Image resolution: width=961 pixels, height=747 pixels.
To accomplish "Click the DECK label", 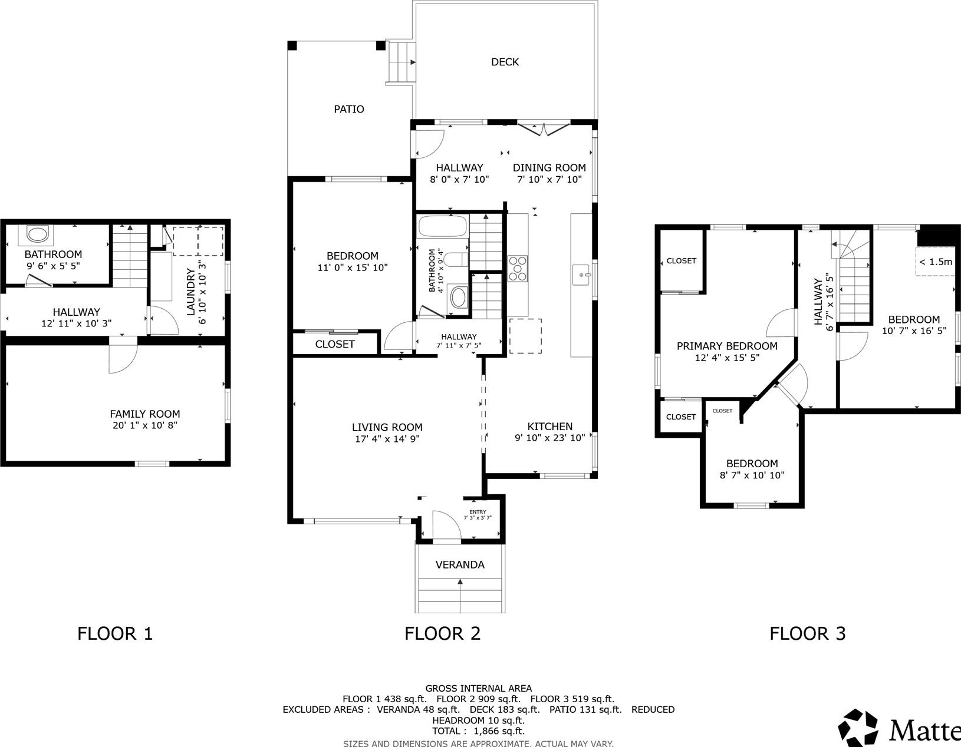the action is point(505,62).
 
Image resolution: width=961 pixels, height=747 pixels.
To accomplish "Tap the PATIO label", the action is point(349,109).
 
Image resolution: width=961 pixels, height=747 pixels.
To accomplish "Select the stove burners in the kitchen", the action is point(518,268).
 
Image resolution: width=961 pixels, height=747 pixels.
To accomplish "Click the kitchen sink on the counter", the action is point(581,275).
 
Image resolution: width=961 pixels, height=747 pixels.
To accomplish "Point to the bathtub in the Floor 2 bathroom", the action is point(442,226).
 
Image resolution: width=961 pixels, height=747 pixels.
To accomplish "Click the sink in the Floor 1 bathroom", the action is point(38,234).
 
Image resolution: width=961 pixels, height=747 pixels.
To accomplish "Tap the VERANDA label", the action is point(460,564).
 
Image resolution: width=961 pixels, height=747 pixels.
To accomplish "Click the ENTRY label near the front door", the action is point(478,511).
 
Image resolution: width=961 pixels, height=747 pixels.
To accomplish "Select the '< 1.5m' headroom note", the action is point(936,262).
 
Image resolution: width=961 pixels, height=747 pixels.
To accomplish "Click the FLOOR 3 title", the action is point(808,633).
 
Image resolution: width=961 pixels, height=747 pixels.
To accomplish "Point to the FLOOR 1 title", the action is point(115,633).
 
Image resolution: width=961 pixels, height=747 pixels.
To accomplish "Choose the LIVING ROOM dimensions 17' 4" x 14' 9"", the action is point(387,439).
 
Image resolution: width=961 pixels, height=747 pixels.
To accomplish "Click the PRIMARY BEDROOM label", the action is point(727,346).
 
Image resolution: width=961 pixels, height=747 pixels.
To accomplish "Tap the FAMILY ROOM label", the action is point(145,414).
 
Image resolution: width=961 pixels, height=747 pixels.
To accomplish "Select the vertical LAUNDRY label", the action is point(190,292).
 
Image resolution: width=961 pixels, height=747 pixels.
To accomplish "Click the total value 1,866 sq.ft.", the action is point(499,731).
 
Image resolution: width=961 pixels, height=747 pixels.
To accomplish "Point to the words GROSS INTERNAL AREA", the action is point(479,688).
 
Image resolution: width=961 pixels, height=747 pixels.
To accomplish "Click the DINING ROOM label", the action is point(549,167).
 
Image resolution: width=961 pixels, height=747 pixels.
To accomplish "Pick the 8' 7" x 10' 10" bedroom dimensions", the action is point(752,475).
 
